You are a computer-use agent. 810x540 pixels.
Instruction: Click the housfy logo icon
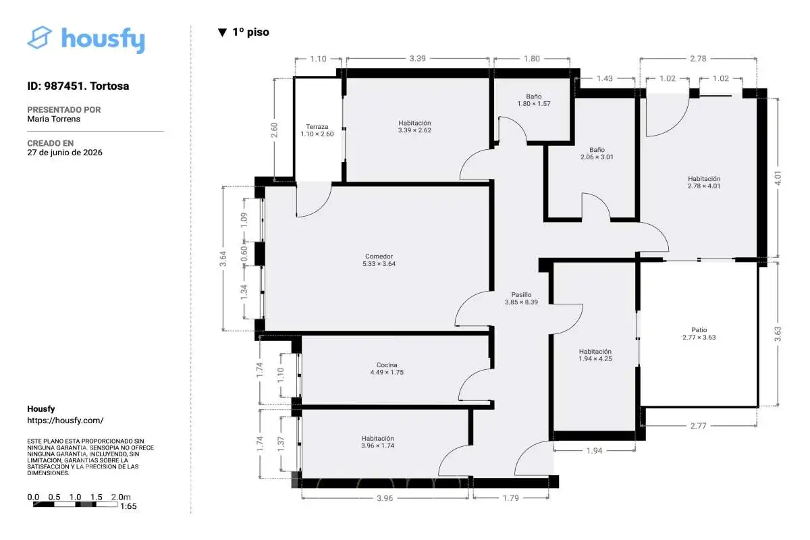pyautogui.click(x=39, y=37)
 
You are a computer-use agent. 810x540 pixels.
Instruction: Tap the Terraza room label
pyautogui.click(x=317, y=130)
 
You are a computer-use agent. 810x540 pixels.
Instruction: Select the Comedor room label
pyautogui.click(x=379, y=260)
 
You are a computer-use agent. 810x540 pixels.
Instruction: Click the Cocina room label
pyautogui.click(x=387, y=369)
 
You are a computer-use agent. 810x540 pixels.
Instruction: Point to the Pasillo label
pyautogui.click(x=521, y=298)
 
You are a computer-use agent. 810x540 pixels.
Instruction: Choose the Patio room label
pyautogui.click(x=699, y=333)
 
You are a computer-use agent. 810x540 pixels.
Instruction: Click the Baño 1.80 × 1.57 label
pyautogui.click(x=534, y=100)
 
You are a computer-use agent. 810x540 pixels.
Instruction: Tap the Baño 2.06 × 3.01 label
pyautogui.click(x=597, y=153)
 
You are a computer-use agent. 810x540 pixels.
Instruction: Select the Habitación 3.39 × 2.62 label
pyautogui.click(x=414, y=127)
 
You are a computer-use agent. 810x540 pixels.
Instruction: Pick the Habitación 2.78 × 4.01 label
pyautogui.click(x=704, y=182)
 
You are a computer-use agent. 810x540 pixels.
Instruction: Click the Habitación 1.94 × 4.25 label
pyautogui.click(x=595, y=355)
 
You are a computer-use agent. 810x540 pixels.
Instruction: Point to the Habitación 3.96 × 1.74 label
pyautogui.click(x=377, y=442)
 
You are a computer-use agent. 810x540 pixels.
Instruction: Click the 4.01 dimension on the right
pyautogui.click(x=778, y=178)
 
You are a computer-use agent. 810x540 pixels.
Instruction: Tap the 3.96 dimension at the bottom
pyautogui.click(x=385, y=498)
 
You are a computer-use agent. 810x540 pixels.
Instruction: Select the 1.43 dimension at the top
pyautogui.click(x=605, y=78)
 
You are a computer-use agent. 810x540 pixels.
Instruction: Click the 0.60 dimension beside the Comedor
pyautogui.click(x=244, y=254)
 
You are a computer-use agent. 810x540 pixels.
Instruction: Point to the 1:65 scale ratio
pyautogui.click(x=128, y=506)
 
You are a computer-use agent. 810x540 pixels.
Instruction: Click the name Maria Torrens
pyautogui.click(x=53, y=119)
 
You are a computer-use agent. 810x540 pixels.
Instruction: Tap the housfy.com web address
pyautogui.click(x=65, y=421)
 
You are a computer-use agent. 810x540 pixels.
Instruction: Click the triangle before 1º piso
pyautogui.click(x=222, y=32)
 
